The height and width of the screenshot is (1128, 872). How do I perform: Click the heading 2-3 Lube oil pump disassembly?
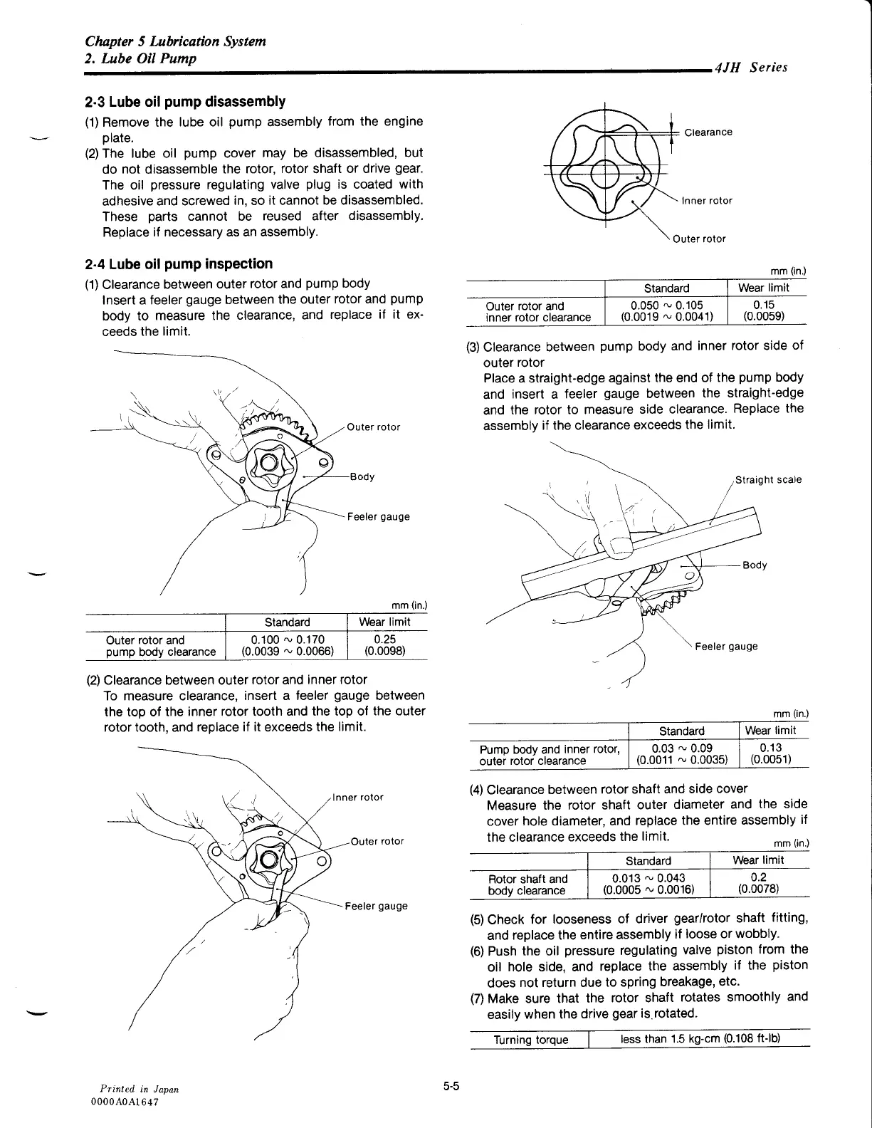tap(185, 102)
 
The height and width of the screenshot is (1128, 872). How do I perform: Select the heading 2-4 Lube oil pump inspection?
tap(178, 264)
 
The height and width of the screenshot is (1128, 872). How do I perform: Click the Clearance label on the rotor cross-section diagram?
tap(708, 132)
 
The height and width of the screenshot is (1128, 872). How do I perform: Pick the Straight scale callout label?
tap(768, 479)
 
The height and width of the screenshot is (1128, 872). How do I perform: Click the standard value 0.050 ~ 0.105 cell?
tap(666, 311)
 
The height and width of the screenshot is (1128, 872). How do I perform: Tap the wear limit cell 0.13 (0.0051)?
tap(771, 753)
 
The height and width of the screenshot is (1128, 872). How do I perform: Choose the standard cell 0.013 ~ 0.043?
tap(648, 884)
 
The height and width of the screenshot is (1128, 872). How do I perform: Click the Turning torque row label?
tap(531, 1040)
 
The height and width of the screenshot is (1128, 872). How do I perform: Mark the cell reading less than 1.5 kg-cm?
tap(700, 1039)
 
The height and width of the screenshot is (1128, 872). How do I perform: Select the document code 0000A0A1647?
tap(124, 1101)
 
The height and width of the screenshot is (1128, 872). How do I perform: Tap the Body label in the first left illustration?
tap(362, 476)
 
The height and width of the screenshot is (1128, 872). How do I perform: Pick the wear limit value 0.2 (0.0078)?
tap(758, 884)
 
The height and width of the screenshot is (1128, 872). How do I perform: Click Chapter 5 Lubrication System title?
tap(175, 41)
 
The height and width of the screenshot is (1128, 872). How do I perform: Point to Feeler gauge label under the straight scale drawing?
tap(726, 646)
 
